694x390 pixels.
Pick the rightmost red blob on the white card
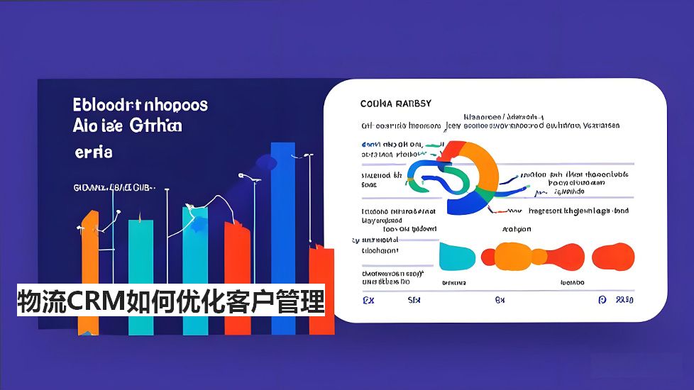(x=612, y=256)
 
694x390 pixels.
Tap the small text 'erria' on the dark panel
(x=93, y=152)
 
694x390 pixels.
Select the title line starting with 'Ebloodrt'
(x=141, y=105)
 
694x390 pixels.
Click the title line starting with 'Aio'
(x=127, y=126)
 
